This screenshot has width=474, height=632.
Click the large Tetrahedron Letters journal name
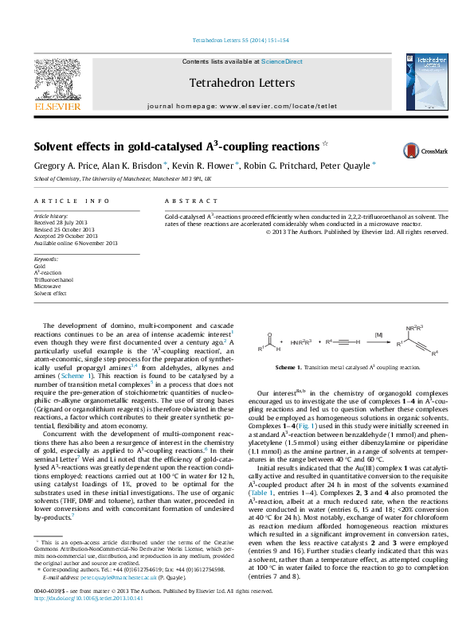tap(242, 83)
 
